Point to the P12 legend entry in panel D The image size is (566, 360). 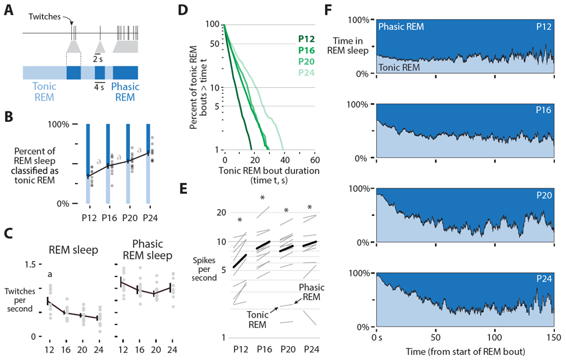307,39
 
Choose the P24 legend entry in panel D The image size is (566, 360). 307,72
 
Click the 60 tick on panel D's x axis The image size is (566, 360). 314,160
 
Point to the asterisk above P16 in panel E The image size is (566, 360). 263,198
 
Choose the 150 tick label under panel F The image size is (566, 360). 553,337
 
